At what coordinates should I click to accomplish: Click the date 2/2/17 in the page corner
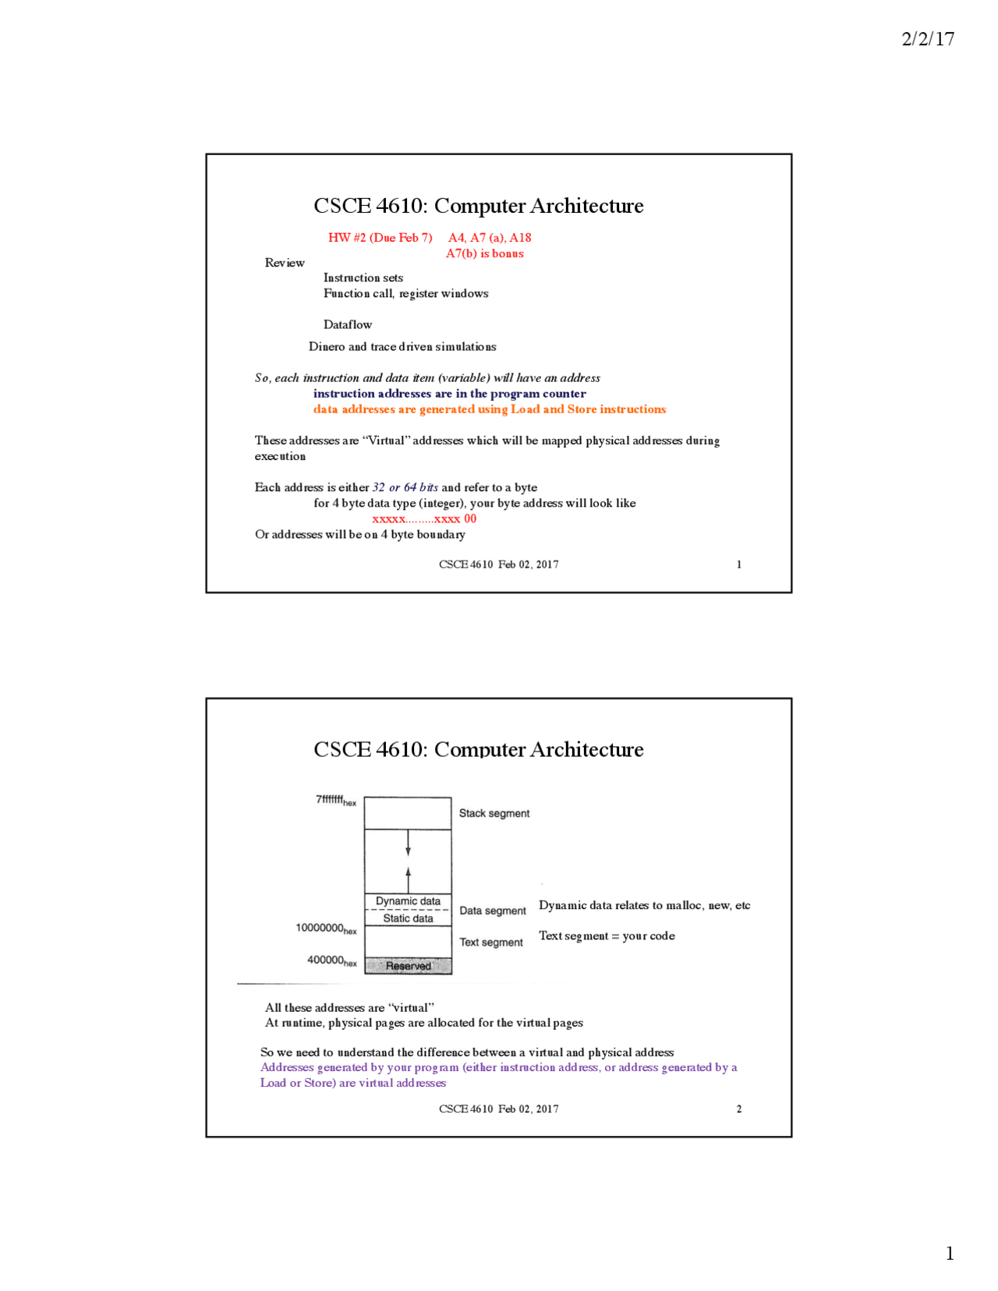coord(927,39)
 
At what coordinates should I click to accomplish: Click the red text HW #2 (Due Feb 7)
coord(380,238)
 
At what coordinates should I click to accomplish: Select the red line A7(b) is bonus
coord(484,253)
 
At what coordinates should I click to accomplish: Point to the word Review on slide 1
coord(285,263)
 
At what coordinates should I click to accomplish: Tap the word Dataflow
coord(348,324)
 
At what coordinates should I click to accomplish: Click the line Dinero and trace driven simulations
coord(402,346)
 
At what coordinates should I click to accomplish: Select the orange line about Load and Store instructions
coord(489,409)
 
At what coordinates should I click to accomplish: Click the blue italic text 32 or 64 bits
coord(405,487)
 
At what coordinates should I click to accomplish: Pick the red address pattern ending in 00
coord(424,518)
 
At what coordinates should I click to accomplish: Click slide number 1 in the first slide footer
coord(738,564)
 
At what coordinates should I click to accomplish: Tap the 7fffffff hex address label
coord(335,800)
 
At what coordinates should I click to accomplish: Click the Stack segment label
coord(494,813)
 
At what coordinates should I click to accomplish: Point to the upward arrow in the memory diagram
coord(408,879)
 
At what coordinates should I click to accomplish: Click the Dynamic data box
coord(408,901)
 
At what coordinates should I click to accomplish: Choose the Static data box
coord(408,918)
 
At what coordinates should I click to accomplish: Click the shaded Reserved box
coord(408,966)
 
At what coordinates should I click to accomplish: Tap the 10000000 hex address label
coord(326,928)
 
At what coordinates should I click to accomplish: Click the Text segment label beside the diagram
coord(490,943)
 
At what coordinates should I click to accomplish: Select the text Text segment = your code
coord(607,936)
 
